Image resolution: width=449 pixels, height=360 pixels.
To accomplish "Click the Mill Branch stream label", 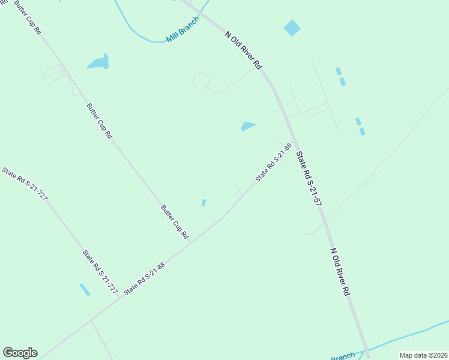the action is pyautogui.click(x=182, y=34).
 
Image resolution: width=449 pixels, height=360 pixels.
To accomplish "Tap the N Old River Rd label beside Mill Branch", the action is pyautogui.click(x=244, y=50).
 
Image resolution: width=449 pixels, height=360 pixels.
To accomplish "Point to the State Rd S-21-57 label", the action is pyautogui.click(x=309, y=179).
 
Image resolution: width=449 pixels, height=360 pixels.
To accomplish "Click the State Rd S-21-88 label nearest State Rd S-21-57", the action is pyautogui.click(x=273, y=162).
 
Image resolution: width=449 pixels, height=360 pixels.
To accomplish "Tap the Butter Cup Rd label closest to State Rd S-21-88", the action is pyautogui.click(x=175, y=223).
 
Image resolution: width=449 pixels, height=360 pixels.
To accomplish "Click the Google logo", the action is pyautogui.click(x=20, y=353).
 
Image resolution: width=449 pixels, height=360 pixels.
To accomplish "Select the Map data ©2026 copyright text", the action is pyautogui.click(x=424, y=355).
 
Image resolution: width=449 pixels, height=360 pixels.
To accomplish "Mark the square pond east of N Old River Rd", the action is pyautogui.click(x=292, y=28).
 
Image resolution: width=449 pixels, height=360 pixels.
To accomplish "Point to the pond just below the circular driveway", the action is pyautogui.click(x=248, y=126).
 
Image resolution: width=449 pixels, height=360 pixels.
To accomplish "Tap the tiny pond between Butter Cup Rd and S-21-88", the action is pyautogui.click(x=203, y=203).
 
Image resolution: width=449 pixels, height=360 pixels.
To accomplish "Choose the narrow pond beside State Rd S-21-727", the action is pyautogui.click(x=85, y=290).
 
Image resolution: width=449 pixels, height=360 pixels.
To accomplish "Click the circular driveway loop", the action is pyautogui.click(x=201, y=81).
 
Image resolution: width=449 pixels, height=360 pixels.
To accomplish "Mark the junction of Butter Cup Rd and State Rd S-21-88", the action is pyautogui.click(x=190, y=241).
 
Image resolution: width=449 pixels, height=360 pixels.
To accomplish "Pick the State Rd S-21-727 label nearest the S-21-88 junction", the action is pyautogui.click(x=100, y=270).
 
